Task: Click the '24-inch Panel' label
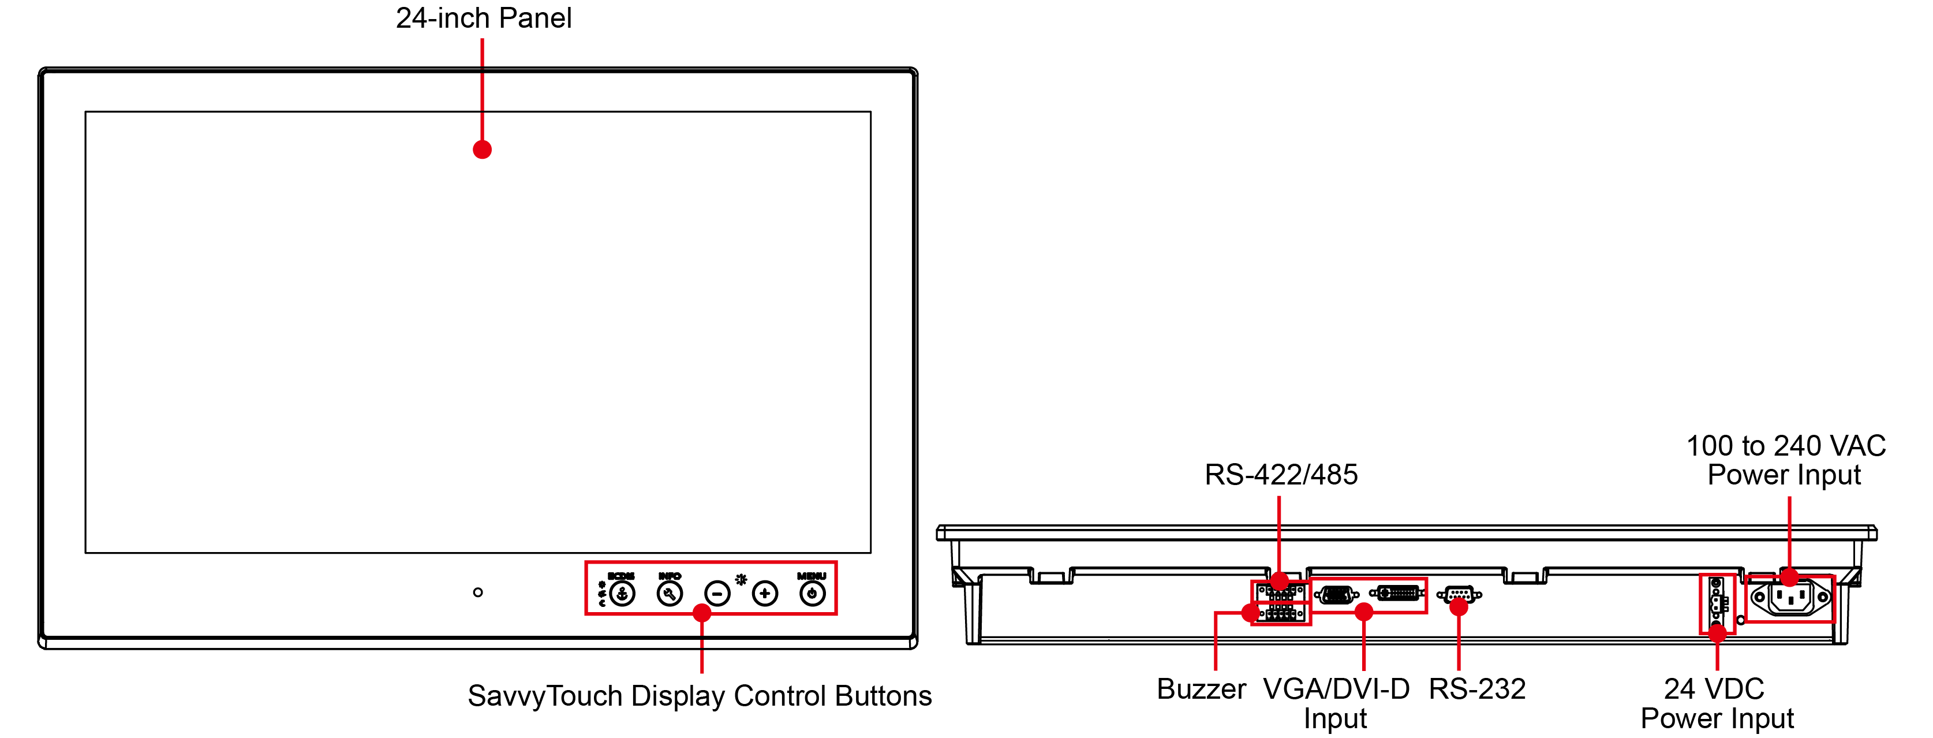tap(483, 18)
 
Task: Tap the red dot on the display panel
tap(483, 150)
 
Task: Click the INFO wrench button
tap(670, 594)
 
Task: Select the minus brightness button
tap(717, 594)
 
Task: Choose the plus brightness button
tap(765, 594)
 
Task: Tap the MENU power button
tap(812, 594)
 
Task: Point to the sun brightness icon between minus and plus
tap(741, 580)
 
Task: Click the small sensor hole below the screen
tap(478, 592)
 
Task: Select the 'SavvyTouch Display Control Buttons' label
tap(700, 696)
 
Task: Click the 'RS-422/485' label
tap(1281, 475)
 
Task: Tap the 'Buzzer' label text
tap(1201, 688)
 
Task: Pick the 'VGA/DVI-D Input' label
tap(1336, 703)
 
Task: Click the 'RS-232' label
tap(1477, 688)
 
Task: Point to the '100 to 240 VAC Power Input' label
tap(1786, 460)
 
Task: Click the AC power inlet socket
tap(1790, 598)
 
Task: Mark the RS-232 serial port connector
tap(1459, 595)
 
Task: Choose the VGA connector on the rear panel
tap(1336, 595)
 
